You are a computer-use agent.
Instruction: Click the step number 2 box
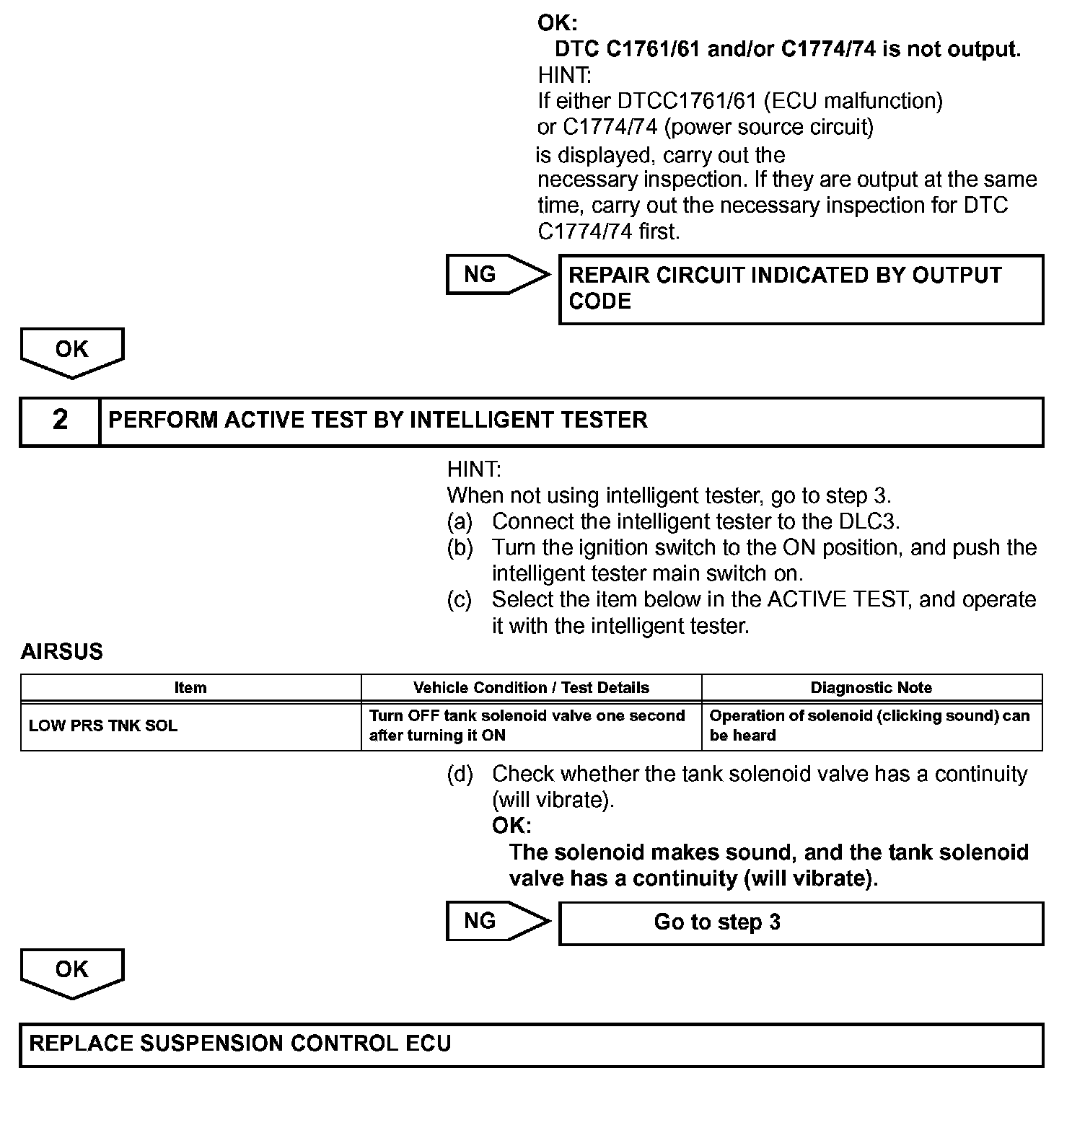[60, 420]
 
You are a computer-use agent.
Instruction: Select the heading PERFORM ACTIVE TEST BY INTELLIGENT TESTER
[377, 420]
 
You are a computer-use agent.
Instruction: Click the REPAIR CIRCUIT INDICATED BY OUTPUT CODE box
[801, 288]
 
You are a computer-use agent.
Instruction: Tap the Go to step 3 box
[801, 923]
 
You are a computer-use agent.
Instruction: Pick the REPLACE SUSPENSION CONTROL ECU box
[531, 1044]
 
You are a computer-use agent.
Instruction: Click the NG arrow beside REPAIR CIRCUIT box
[496, 275]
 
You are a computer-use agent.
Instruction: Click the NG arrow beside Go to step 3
[496, 921]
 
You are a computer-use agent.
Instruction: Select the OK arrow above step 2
[72, 351]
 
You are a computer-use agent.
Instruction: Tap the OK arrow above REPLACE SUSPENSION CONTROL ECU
[72, 971]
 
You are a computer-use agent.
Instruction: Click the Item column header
[190, 688]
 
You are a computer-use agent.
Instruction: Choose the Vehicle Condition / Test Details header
[531, 688]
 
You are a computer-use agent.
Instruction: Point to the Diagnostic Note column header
[871, 688]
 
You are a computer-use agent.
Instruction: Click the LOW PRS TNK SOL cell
[103, 726]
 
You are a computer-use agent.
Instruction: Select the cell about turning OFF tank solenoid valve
[527, 725]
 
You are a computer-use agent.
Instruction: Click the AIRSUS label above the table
[62, 652]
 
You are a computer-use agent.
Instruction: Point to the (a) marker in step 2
[460, 521]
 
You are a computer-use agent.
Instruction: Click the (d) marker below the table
[460, 775]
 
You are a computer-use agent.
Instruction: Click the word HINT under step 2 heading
[473, 469]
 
